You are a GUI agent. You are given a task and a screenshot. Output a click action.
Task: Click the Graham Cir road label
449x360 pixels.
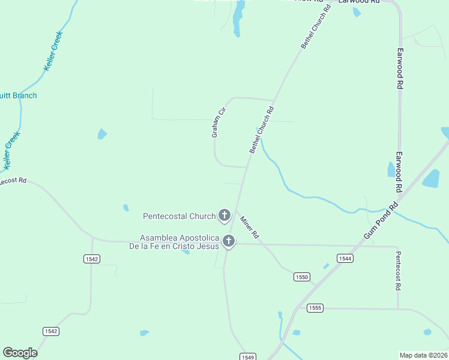pos(217,122)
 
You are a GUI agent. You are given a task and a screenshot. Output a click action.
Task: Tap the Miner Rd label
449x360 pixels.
pos(249,226)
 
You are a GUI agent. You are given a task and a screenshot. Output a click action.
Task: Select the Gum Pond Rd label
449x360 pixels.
pos(380,220)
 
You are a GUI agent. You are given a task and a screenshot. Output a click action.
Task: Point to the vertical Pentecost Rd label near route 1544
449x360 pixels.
pos(397,271)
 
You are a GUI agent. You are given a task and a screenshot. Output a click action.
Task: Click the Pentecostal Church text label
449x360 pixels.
pos(179,216)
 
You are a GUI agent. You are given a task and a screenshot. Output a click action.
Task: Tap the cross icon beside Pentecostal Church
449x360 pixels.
pos(224,215)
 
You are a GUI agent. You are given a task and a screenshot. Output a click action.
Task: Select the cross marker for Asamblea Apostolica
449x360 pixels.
pos(228,241)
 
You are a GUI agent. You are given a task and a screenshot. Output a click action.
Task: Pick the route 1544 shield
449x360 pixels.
pos(345,259)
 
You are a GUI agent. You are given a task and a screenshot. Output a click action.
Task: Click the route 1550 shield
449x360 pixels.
pos(301,277)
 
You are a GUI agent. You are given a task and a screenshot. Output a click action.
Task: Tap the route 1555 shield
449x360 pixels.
pos(315,308)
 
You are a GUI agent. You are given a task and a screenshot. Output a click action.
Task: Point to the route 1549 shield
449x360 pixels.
pos(247,356)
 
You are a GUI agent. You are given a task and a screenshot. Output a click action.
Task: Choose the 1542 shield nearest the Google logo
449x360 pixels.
pos(51,331)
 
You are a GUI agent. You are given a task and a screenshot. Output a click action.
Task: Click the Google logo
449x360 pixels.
pos(20,353)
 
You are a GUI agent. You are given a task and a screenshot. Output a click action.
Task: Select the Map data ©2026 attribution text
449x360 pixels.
pos(423,355)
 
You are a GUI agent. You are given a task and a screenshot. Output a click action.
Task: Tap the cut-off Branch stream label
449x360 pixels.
pos(18,95)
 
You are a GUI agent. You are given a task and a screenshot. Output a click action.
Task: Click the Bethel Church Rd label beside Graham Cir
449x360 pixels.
pos(262,130)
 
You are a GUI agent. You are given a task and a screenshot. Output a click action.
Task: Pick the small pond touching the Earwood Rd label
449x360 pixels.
pos(391,170)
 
